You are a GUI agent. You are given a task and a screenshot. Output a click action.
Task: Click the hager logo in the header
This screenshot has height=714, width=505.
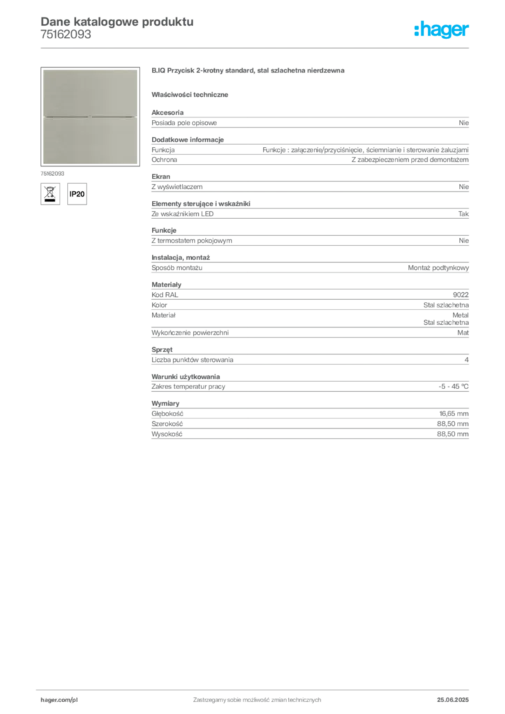(441, 29)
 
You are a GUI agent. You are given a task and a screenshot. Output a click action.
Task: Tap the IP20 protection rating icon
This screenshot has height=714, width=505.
(77, 194)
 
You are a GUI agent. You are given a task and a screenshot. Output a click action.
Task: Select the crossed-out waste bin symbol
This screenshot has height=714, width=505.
(50, 194)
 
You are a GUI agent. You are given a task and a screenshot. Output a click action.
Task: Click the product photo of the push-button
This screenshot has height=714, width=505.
(90, 116)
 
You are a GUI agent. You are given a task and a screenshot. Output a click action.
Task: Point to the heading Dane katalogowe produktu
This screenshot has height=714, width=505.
(117, 22)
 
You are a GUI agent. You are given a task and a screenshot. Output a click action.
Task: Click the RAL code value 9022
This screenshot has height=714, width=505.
(460, 295)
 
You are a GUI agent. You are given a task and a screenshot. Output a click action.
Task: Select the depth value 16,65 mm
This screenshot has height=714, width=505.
(453, 413)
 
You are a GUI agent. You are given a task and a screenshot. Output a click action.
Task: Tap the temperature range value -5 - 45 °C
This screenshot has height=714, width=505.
(453, 386)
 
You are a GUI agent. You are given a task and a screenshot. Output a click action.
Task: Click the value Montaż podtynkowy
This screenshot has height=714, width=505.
(438, 268)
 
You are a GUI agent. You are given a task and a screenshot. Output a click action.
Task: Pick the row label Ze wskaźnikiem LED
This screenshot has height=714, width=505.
(182, 213)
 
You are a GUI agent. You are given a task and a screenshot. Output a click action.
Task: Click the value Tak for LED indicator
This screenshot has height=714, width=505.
(463, 213)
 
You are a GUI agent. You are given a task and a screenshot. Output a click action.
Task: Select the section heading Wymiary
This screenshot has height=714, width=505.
(165, 404)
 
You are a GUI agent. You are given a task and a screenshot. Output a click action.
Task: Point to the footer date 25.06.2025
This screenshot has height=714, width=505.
(453, 700)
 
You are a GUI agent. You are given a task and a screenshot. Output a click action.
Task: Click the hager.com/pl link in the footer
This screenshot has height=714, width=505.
(59, 700)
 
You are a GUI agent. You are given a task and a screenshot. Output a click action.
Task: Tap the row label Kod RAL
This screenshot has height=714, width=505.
(165, 295)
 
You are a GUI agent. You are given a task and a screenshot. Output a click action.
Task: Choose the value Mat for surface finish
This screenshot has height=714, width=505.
(462, 333)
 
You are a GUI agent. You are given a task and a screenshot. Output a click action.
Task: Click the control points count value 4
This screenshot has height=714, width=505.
(467, 360)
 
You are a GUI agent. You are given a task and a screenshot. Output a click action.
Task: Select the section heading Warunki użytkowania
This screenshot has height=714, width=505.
(186, 377)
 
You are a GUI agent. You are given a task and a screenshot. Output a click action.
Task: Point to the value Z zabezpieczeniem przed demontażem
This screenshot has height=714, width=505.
(410, 160)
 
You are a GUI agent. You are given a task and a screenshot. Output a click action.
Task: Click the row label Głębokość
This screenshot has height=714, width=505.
(167, 413)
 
